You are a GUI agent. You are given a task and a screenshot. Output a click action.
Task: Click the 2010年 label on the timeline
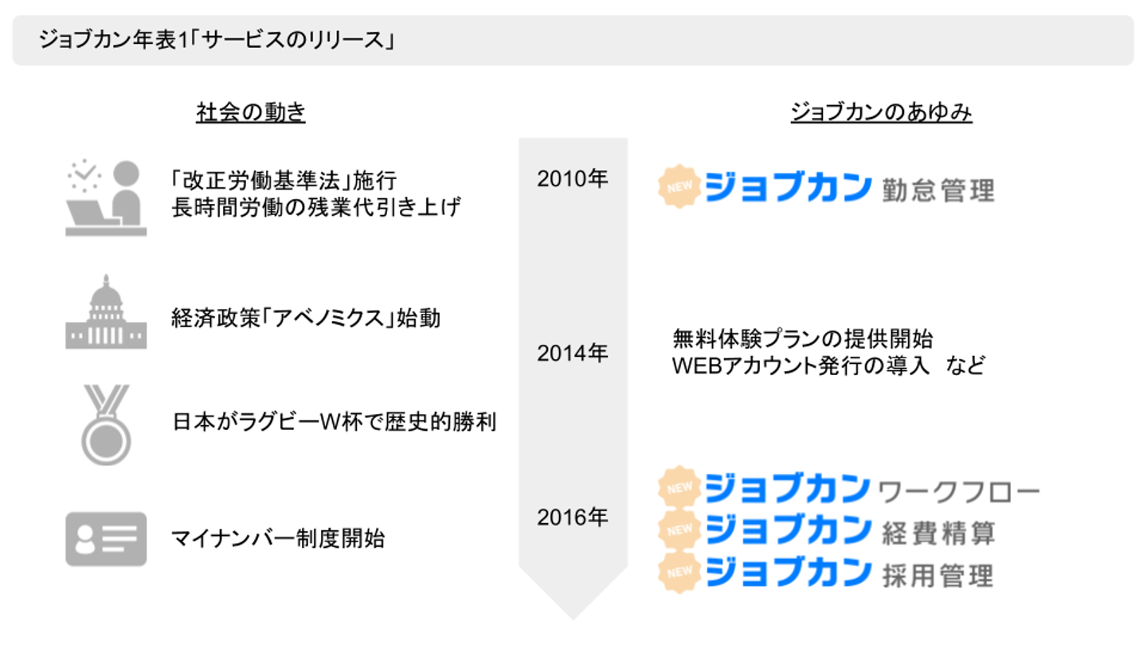click(572, 179)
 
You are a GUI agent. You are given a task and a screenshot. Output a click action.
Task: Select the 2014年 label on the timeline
click(572, 354)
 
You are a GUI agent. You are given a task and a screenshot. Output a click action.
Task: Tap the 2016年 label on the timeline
click(572, 518)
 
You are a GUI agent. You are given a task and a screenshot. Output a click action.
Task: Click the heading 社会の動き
click(251, 113)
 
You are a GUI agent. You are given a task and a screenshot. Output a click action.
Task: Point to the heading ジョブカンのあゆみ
click(881, 113)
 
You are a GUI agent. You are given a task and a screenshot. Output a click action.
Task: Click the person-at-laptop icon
click(106, 198)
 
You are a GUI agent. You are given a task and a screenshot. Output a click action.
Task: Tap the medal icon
click(106, 424)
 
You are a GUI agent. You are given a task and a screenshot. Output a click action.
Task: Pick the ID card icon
click(106, 539)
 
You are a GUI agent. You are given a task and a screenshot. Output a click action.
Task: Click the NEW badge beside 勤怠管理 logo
click(679, 186)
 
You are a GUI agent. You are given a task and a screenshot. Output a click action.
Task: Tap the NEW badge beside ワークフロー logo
click(679, 487)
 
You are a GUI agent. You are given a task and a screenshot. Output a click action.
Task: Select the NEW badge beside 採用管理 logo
click(679, 571)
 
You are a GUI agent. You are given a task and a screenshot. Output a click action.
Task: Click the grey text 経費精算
click(938, 533)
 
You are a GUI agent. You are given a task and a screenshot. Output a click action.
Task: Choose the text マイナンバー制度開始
click(278, 539)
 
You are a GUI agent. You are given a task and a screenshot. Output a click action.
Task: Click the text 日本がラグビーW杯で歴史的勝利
click(335, 421)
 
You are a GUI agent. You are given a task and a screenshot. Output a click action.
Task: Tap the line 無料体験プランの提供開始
click(803, 339)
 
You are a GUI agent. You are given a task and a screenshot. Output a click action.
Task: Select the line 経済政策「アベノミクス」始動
click(306, 319)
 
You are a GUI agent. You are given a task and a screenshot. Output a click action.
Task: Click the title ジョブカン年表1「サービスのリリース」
click(217, 40)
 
